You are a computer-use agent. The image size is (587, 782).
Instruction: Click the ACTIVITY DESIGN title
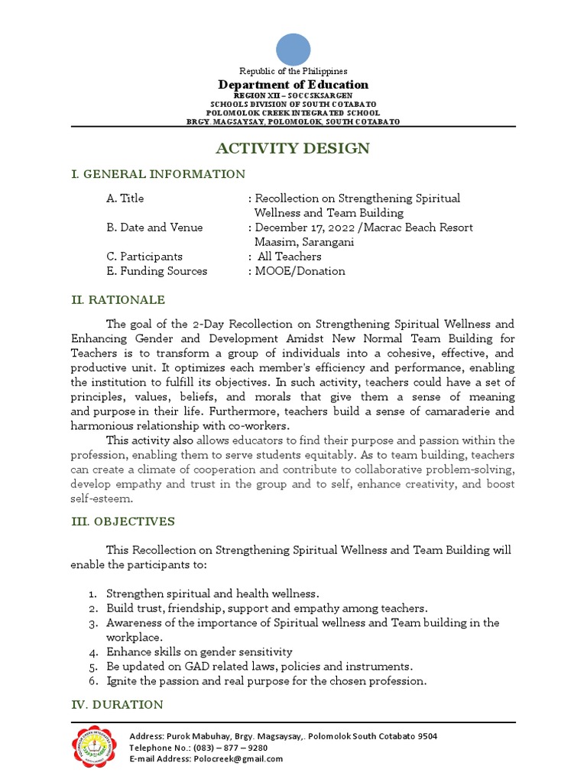(x=293, y=148)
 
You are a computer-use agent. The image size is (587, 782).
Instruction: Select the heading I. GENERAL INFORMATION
(x=157, y=174)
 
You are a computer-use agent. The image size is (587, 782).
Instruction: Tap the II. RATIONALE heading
(x=118, y=300)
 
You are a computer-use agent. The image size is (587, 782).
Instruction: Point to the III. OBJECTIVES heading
(x=122, y=522)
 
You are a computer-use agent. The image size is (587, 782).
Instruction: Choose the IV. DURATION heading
(x=116, y=704)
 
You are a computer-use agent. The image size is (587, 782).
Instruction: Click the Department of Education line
(x=293, y=85)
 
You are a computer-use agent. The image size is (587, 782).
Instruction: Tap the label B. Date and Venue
(x=154, y=228)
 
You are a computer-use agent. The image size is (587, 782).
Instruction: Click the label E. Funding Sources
(x=157, y=271)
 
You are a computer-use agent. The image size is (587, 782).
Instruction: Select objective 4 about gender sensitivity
(x=199, y=652)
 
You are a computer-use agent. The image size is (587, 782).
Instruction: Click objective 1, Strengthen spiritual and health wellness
(x=212, y=593)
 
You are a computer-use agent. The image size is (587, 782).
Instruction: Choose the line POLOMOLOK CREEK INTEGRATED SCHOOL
(x=293, y=113)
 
